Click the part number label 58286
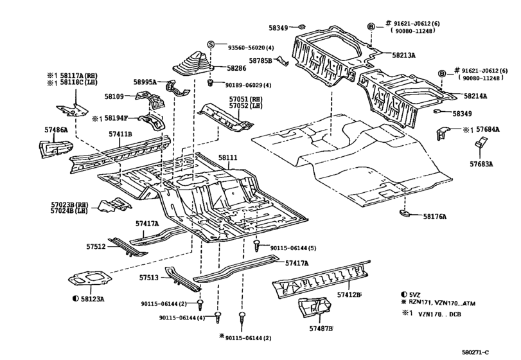(236, 69)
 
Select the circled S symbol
(211, 44)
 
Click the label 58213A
(403, 55)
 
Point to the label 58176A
(435, 217)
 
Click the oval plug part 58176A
(404, 213)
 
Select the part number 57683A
(481, 164)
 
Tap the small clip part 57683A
(479, 145)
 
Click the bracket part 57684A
(443, 133)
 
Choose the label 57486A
(56, 130)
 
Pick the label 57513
(149, 277)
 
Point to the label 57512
(96, 247)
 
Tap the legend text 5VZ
(415, 294)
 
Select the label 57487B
(321, 328)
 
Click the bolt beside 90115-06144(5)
(256, 246)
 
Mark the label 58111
(228, 157)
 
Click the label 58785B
(261, 60)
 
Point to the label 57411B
(120, 134)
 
